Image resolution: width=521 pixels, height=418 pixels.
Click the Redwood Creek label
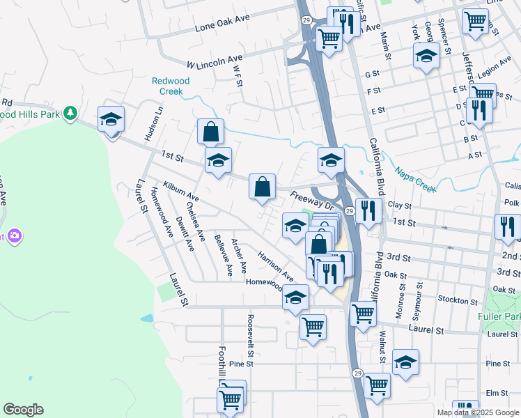coord(171,86)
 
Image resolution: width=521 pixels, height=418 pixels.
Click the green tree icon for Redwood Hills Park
coord(70,112)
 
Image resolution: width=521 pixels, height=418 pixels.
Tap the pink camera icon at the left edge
coord(14,236)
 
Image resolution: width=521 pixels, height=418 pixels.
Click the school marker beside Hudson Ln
coord(110,120)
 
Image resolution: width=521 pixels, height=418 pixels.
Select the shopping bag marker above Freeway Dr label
coord(261,187)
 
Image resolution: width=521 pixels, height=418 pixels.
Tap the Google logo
coord(23,410)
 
